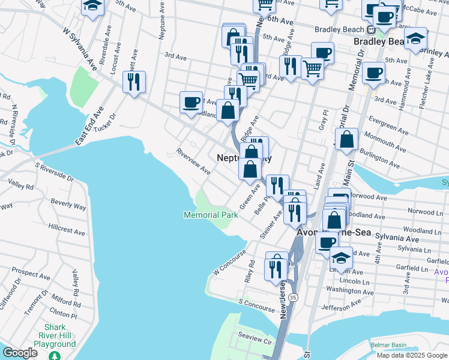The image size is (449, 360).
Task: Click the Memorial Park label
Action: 211,215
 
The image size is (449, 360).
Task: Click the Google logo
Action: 20,353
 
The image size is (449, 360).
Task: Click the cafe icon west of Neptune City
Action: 191,102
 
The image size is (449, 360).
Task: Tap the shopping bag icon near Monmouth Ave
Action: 348,140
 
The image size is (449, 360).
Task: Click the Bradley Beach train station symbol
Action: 372,29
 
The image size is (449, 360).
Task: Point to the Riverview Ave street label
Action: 193,161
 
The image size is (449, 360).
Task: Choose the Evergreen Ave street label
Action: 390,125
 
